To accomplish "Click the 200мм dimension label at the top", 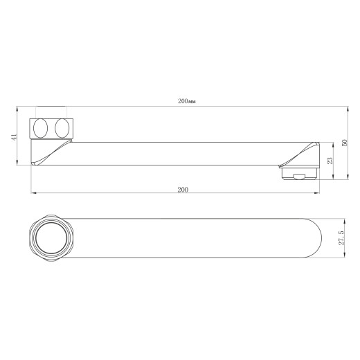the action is coord(187,101).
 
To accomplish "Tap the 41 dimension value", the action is coord(15,137).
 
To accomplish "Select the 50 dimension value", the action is coord(344,143).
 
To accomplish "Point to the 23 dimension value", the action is coord(330,161).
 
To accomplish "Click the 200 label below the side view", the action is coord(183,190).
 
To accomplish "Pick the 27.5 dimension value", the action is coord(341,237).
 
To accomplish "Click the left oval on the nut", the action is coord(40,128).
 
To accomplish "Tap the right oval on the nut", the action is coord(62,128).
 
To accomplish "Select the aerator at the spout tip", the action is coord(300,174).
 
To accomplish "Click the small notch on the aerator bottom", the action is coord(299,177).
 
